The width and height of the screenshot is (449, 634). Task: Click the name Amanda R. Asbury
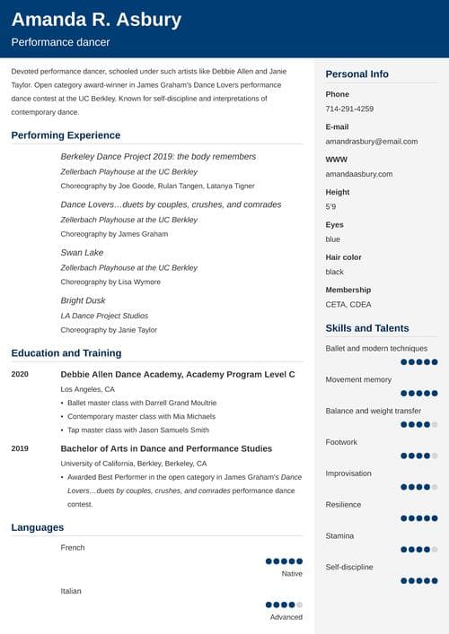coord(96,20)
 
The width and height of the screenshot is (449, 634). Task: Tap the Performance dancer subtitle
coord(60,42)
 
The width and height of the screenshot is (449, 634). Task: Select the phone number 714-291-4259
coord(349,109)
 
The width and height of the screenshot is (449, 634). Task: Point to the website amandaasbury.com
coord(359,174)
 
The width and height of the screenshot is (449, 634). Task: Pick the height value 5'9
coord(331,207)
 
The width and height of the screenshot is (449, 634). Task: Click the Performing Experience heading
coord(66,135)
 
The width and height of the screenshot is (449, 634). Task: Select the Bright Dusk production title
coord(83,300)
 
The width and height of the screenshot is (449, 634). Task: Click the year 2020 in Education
coord(20,373)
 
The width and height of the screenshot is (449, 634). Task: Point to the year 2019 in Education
coord(20,448)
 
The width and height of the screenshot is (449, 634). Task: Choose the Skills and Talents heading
coord(366,328)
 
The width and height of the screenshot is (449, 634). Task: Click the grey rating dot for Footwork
coord(435,456)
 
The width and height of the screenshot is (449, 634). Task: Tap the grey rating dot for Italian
coord(299,604)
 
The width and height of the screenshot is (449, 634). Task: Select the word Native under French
coord(292,573)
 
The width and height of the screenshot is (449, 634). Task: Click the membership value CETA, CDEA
coord(348,305)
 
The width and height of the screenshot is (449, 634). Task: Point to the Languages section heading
coord(38,527)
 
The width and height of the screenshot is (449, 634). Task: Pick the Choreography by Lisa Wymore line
coord(110,282)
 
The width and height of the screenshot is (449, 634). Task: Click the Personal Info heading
coord(357,74)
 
